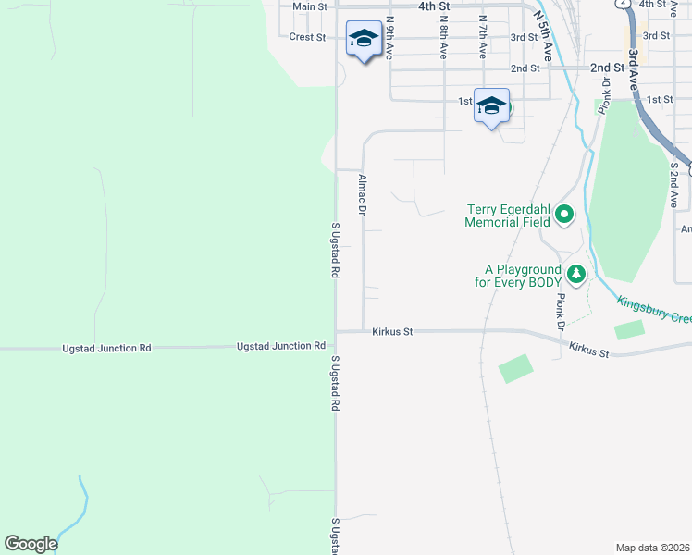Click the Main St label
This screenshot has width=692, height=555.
click(x=310, y=6)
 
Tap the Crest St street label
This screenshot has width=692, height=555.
click(x=307, y=37)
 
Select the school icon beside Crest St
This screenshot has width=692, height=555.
click(x=364, y=39)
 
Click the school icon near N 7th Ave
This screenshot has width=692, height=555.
click(x=491, y=105)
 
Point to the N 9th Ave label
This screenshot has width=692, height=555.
click(x=390, y=32)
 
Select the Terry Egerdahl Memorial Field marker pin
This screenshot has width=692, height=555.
click(x=563, y=216)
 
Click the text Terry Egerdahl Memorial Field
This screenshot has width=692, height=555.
click(x=508, y=216)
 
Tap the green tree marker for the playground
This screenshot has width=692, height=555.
click(x=576, y=274)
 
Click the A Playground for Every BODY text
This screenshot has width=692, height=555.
click(x=519, y=275)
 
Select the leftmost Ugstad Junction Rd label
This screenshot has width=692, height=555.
click(x=106, y=349)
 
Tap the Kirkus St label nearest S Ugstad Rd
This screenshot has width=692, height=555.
click(x=392, y=330)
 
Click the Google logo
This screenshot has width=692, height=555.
click(x=31, y=544)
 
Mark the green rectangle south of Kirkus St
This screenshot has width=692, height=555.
click(x=515, y=368)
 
